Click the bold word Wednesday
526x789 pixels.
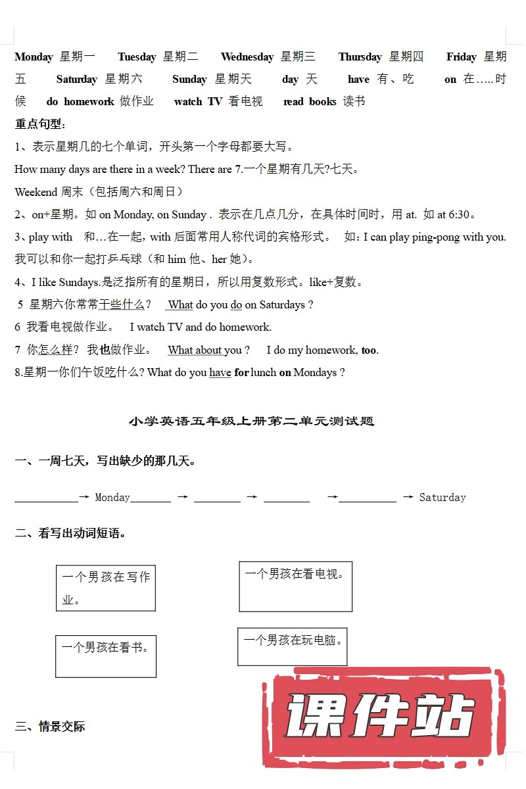click(x=247, y=57)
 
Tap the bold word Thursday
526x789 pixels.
click(x=360, y=57)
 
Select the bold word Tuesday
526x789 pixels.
click(x=137, y=57)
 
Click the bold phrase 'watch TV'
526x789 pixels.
click(x=198, y=101)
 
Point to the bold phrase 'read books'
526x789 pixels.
click(x=310, y=101)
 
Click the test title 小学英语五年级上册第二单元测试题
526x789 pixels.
click(x=252, y=421)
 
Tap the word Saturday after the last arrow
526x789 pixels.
click(x=442, y=498)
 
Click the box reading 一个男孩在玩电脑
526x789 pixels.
click(x=292, y=646)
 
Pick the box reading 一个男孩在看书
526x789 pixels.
click(x=106, y=656)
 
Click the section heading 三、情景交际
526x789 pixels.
click(x=50, y=727)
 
